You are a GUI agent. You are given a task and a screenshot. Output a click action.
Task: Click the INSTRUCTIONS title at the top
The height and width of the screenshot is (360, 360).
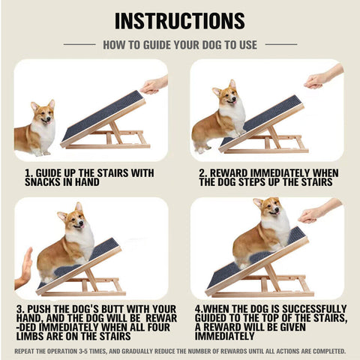click(x=180, y=20)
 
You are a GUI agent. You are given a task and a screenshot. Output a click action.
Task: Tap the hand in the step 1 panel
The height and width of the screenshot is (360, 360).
click(x=153, y=85)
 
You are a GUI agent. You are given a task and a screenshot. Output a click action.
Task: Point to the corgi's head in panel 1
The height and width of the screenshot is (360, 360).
click(x=42, y=113)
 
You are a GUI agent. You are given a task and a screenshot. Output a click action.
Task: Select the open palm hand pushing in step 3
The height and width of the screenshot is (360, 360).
click(x=25, y=268)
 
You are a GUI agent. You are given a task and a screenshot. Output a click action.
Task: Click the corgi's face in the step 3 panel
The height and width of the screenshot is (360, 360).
click(x=73, y=220)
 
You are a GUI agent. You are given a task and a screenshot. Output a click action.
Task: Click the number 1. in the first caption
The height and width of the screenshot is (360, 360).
click(x=28, y=173)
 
